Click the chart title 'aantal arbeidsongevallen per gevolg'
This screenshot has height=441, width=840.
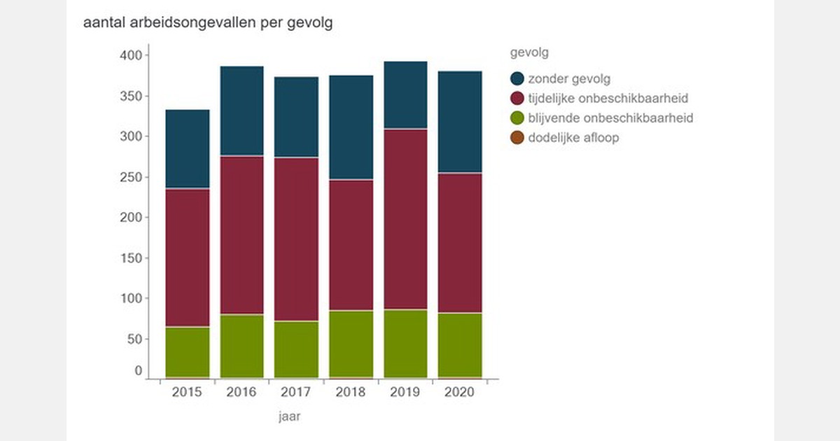click(x=208, y=22)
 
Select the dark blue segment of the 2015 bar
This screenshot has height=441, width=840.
click(x=187, y=149)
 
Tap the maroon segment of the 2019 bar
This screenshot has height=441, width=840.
click(x=405, y=219)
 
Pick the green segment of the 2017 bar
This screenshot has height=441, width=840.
click(x=296, y=349)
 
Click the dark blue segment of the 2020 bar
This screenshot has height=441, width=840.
click(x=460, y=122)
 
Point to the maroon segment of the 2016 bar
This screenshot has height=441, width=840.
click(x=241, y=235)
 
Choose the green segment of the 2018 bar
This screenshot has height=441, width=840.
click(x=351, y=344)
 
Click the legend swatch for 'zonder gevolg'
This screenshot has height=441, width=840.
click(x=517, y=78)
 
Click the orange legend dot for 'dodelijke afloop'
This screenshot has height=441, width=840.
click(x=517, y=138)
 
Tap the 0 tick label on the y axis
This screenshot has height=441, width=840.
click(x=138, y=371)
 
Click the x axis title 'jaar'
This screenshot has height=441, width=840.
click(x=289, y=417)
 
